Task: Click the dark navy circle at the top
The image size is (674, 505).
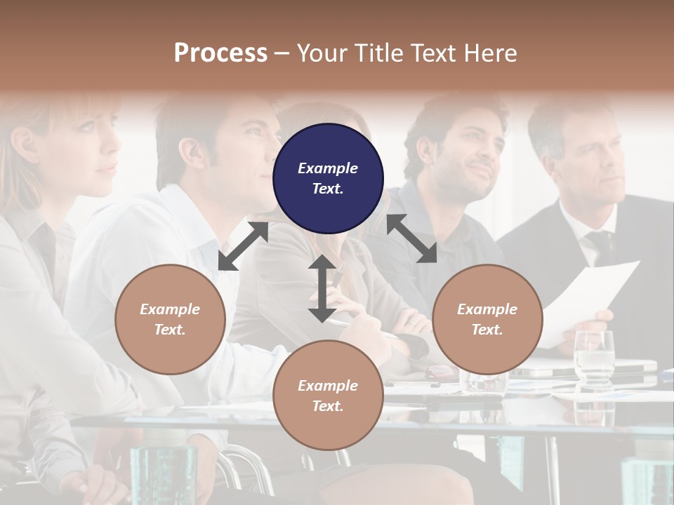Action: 328,178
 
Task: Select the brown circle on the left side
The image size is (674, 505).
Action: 170,319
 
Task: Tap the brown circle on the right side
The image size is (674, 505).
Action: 487,319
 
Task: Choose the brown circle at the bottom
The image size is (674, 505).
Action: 328,396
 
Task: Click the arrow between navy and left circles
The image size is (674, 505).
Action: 243,246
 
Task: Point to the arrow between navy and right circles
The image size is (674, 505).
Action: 411,238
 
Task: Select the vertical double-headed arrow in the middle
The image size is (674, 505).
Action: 322,288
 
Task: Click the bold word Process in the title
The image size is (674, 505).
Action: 220,53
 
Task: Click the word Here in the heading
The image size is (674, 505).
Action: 489,53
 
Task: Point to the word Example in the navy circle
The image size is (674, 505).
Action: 328,168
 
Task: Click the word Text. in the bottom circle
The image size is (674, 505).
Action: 328,406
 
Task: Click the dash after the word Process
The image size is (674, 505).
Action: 282,53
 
